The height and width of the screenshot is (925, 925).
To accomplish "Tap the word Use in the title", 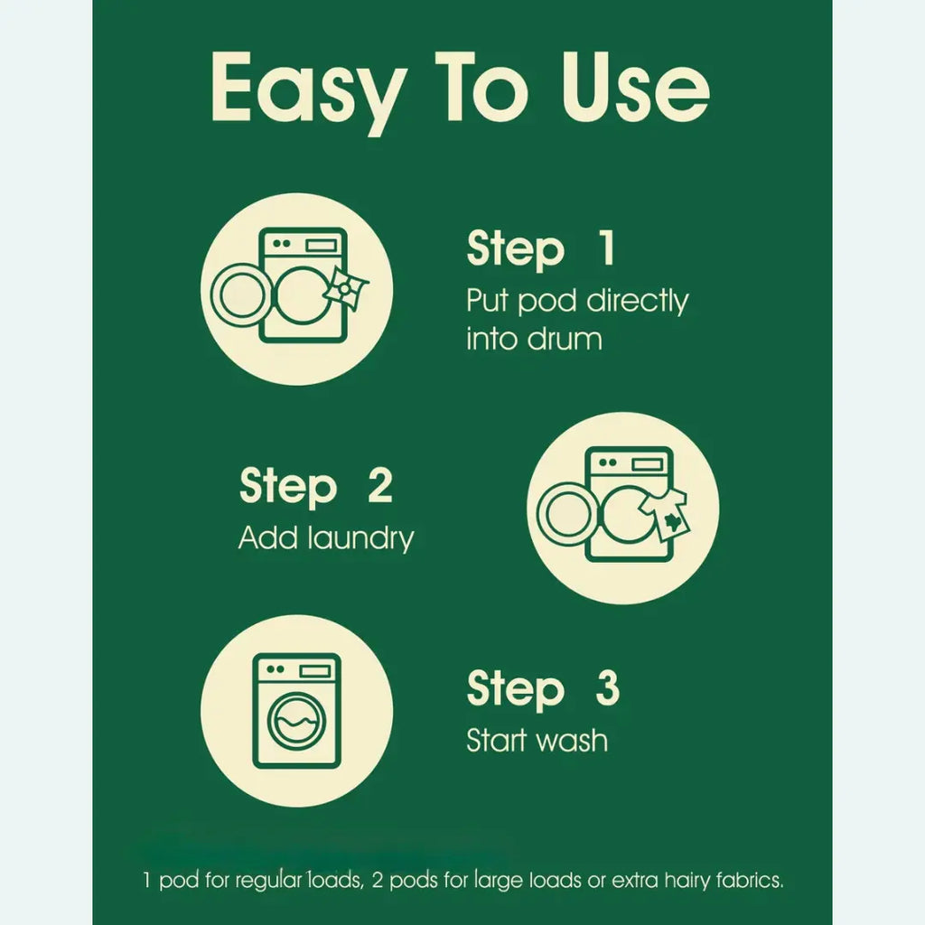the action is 635,88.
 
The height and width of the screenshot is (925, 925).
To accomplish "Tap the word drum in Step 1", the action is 565,339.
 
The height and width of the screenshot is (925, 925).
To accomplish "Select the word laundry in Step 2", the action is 361,539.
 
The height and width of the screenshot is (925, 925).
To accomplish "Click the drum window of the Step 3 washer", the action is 296,721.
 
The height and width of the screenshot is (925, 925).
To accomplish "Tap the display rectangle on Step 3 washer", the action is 314,671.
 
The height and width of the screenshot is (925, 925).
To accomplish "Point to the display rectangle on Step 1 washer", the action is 322,245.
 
